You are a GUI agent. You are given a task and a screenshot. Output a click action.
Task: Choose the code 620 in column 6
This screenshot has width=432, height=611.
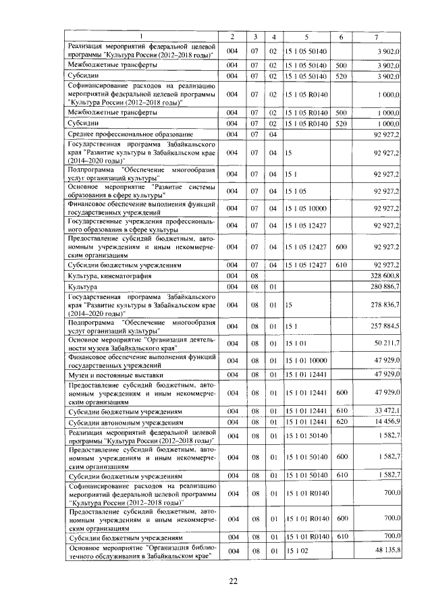click(x=341, y=421)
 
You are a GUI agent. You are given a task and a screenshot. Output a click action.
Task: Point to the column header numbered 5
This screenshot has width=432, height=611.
click(x=306, y=36)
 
